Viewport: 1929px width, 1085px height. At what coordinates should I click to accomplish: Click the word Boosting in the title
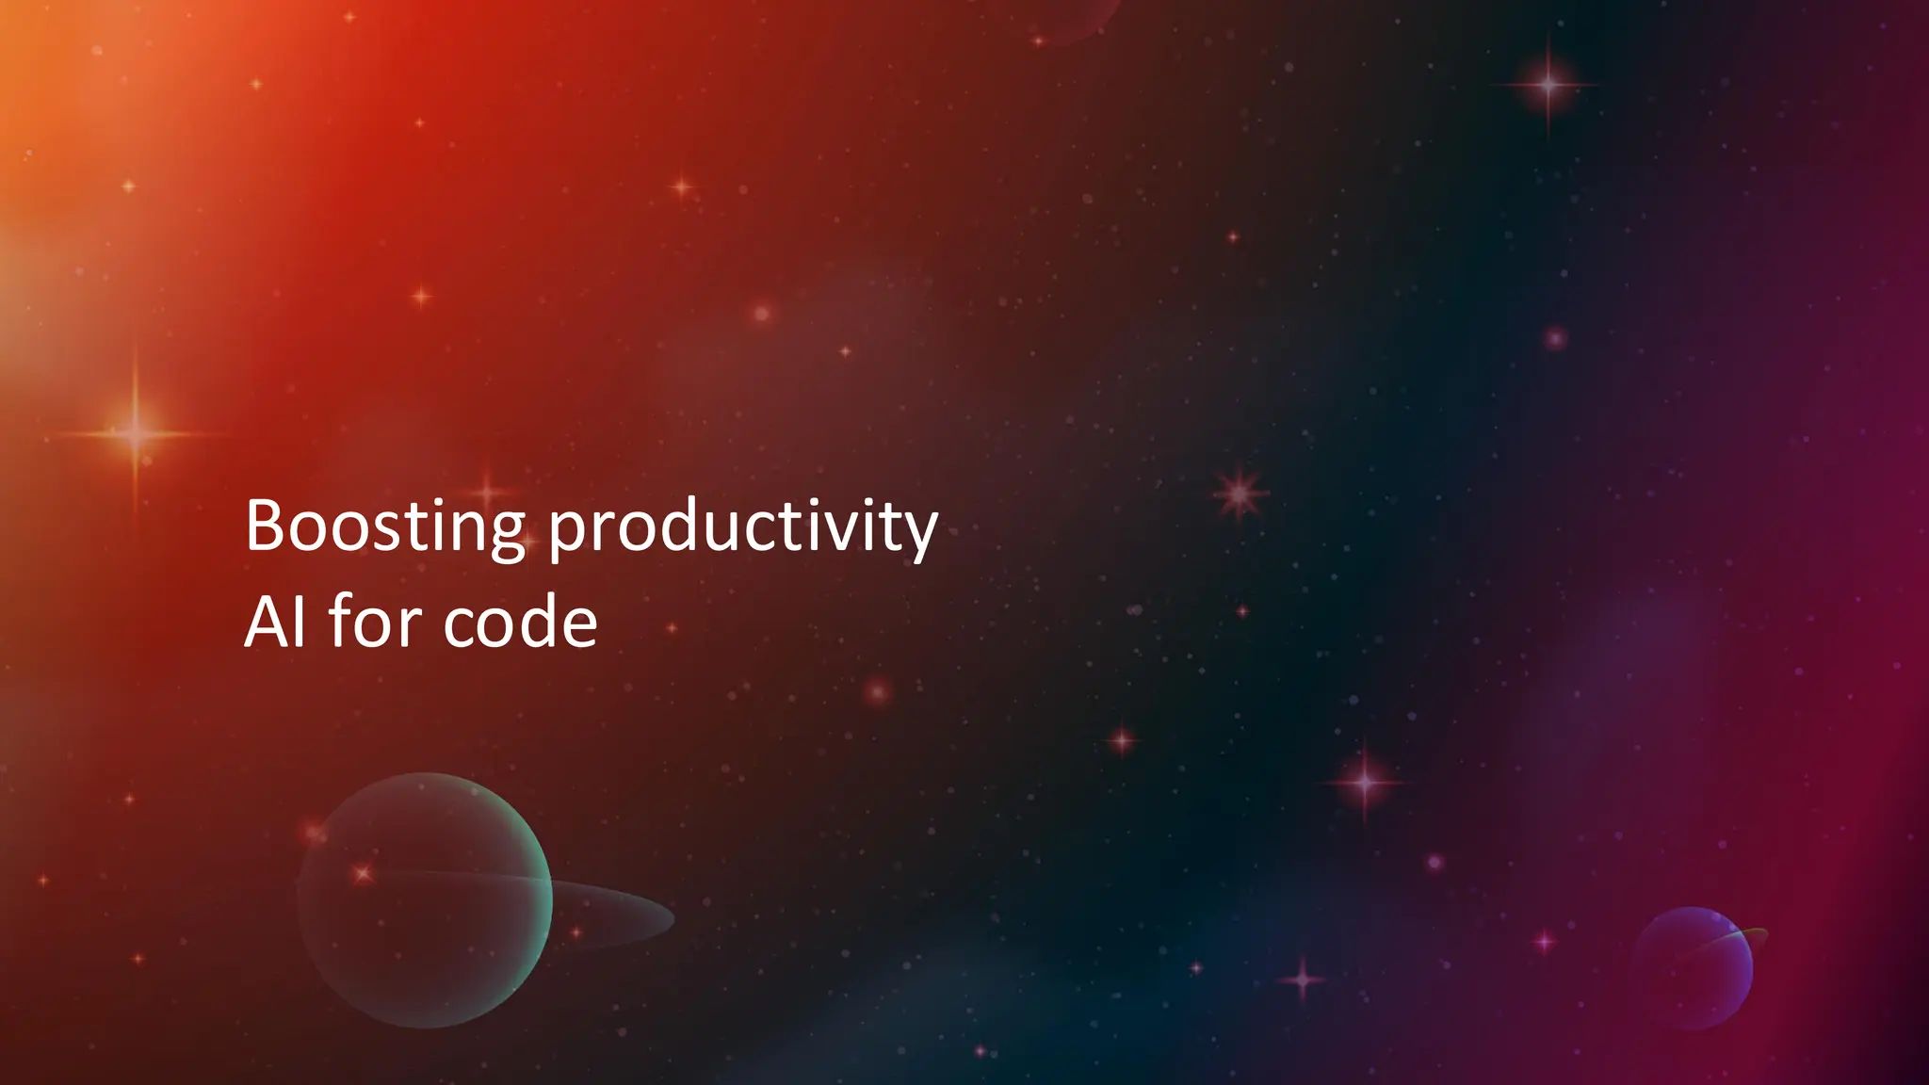pos(384,527)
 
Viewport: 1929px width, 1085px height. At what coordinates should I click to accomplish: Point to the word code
pos(520,623)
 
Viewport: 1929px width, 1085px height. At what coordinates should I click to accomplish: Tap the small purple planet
pos(1693,968)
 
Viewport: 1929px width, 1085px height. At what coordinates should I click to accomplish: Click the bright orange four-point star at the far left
pos(135,433)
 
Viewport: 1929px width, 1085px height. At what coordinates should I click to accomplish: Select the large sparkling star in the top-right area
pos(1548,85)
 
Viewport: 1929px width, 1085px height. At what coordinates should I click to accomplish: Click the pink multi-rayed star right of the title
pos(1240,493)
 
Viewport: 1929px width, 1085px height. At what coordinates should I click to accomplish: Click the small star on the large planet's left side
pos(364,874)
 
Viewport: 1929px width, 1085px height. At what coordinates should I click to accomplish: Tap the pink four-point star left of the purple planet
pos(1544,940)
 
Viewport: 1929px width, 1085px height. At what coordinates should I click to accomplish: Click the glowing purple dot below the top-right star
pos(1555,337)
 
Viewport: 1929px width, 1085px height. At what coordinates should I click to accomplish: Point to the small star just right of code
pos(672,627)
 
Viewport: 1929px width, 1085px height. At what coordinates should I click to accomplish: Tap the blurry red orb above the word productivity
pos(761,313)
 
